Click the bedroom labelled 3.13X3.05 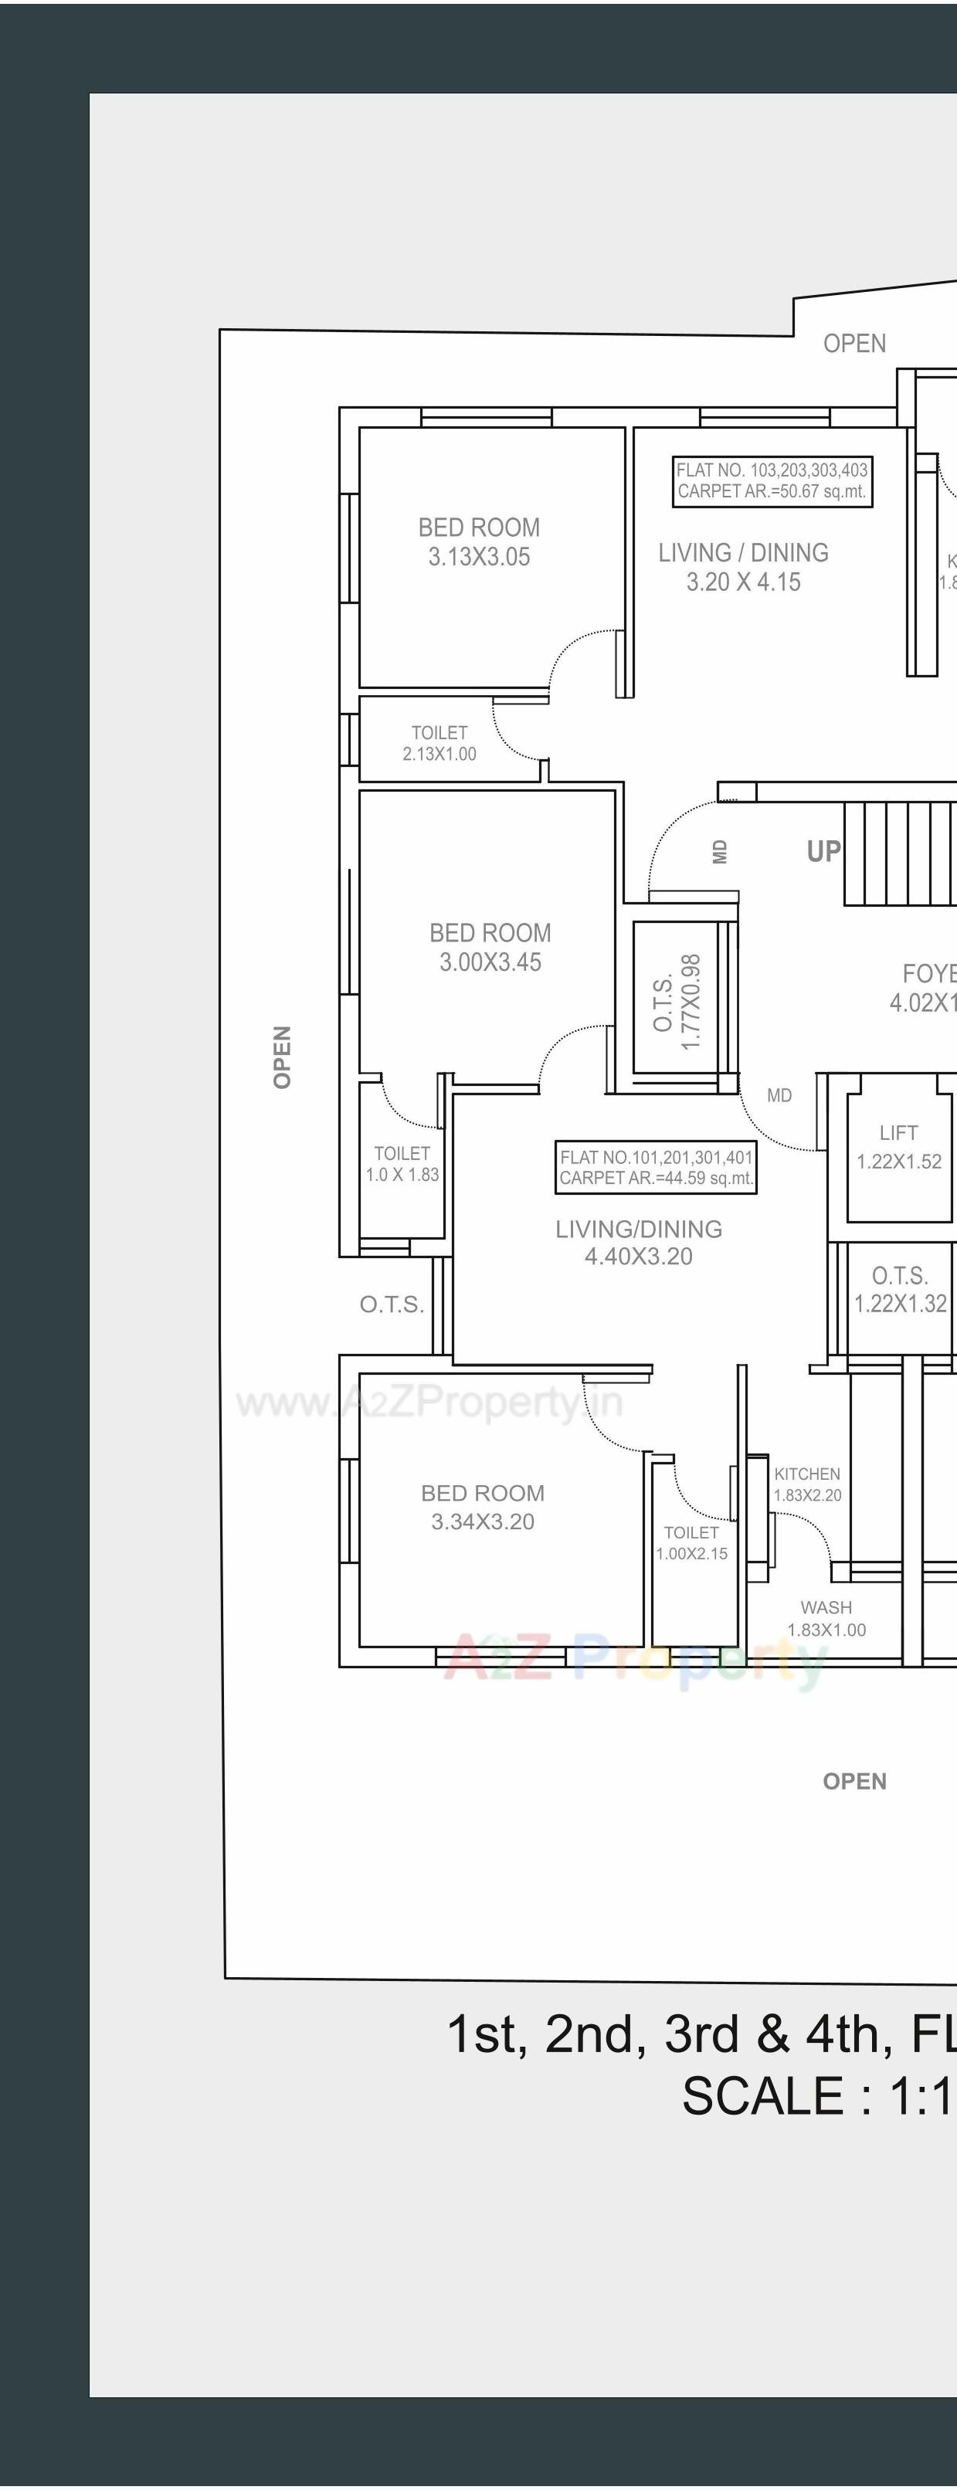click(480, 542)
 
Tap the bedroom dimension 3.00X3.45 click(490, 962)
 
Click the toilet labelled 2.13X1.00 click(439, 743)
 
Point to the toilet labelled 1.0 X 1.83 click(402, 1164)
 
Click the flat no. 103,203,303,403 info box click(772, 480)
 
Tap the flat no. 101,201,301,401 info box click(656, 1168)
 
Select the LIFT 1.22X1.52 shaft click(898, 1148)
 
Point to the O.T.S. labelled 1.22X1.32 click(900, 1291)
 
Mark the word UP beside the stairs click(823, 852)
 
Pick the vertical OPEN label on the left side click(282, 1057)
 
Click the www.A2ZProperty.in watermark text click(429, 1402)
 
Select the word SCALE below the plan click(762, 2097)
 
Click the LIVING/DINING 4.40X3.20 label click(638, 1242)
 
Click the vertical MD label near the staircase click(719, 852)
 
